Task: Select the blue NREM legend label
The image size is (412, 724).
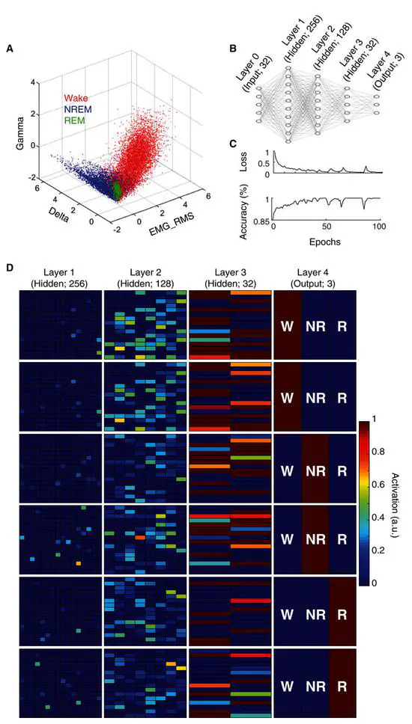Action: (79, 109)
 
